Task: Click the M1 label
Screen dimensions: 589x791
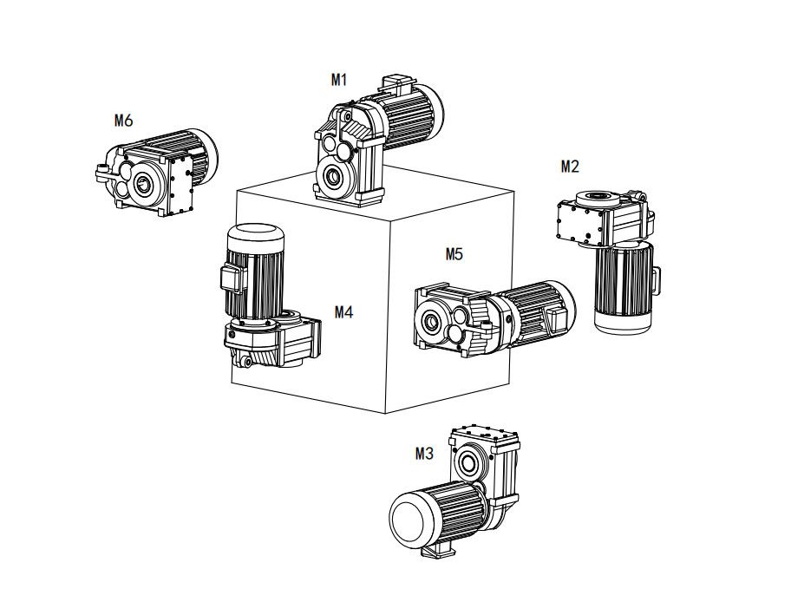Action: (x=339, y=80)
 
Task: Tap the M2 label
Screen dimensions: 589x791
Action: (x=570, y=166)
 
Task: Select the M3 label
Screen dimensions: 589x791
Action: (x=424, y=453)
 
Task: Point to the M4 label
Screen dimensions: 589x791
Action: (x=344, y=312)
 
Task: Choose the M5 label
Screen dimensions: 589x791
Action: (x=454, y=254)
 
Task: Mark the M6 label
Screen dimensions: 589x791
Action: (x=124, y=121)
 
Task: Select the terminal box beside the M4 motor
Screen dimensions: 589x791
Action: (x=228, y=278)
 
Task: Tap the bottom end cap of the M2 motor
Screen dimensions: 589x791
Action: (x=622, y=320)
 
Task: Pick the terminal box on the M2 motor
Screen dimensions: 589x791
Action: (x=656, y=277)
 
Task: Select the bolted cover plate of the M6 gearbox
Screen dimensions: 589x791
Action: (x=182, y=184)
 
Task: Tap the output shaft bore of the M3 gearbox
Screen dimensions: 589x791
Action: (x=468, y=461)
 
